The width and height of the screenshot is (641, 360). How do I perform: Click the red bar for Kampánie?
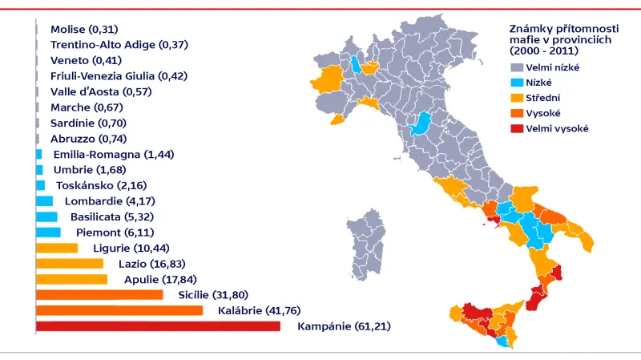coord(158,326)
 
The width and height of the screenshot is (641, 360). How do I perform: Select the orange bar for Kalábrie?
coord(119,310)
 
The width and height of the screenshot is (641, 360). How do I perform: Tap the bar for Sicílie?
coord(99,295)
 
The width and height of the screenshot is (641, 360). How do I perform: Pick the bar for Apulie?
coord(71,279)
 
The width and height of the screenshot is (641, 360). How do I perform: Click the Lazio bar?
coord(70,264)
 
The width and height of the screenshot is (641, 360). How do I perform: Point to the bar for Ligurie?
coord(57,248)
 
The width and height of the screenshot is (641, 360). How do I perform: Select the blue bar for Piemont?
coord(48,233)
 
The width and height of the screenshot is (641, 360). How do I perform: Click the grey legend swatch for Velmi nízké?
coord(516,67)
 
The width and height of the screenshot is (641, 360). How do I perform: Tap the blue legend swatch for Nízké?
coord(516,83)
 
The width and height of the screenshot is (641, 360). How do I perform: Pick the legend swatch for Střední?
coord(516,98)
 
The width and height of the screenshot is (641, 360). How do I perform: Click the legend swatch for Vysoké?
coord(516,113)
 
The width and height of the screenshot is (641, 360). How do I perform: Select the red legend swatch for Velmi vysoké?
coord(516,128)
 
